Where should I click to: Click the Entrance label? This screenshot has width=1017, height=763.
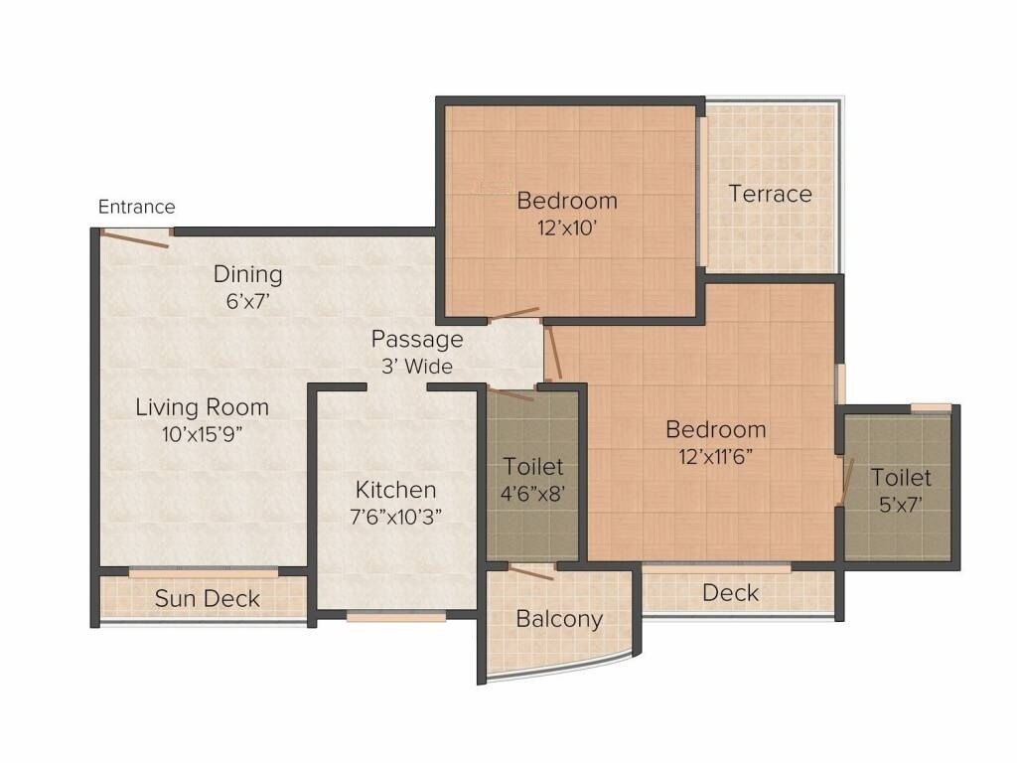pyautogui.click(x=136, y=207)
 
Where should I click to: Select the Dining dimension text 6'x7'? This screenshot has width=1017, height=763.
pyautogui.click(x=248, y=302)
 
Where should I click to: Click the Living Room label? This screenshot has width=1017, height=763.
pyautogui.click(x=202, y=406)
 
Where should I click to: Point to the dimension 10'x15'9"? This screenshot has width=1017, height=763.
pyautogui.click(x=202, y=434)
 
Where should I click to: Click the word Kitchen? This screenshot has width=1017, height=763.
pyautogui.click(x=395, y=490)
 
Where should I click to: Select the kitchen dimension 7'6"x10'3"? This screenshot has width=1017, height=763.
pyautogui.click(x=395, y=517)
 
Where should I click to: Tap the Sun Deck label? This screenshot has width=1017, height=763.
pyautogui.click(x=207, y=598)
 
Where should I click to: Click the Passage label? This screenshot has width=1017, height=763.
pyautogui.click(x=417, y=339)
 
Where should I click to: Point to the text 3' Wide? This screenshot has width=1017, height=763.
pyautogui.click(x=417, y=367)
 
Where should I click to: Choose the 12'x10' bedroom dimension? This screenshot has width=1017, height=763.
pyautogui.click(x=566, y=228)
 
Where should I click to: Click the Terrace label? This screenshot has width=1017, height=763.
pyautogui.click(x=770, y=194)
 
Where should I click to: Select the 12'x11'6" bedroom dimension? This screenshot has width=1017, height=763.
pyautogui.click(x=715, y=457)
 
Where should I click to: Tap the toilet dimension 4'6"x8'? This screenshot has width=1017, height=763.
pyautogui.click(x=532, y=494)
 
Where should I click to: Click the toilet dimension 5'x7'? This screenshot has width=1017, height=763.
pyautogui.click(x=901, y=504)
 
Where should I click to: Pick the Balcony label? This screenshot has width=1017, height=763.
pyautogui.click(x=559, y=619)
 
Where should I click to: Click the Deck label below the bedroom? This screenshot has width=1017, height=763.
pyautogui.click(x=730, y=593)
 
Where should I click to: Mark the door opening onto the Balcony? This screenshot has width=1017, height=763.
pyautogui.click(x=530, y=571)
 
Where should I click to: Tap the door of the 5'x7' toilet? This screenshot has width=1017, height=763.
pyautogui.click(x=846, y=483)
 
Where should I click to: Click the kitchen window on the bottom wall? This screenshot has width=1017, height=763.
pyautogui.click(x=395, y=616)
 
